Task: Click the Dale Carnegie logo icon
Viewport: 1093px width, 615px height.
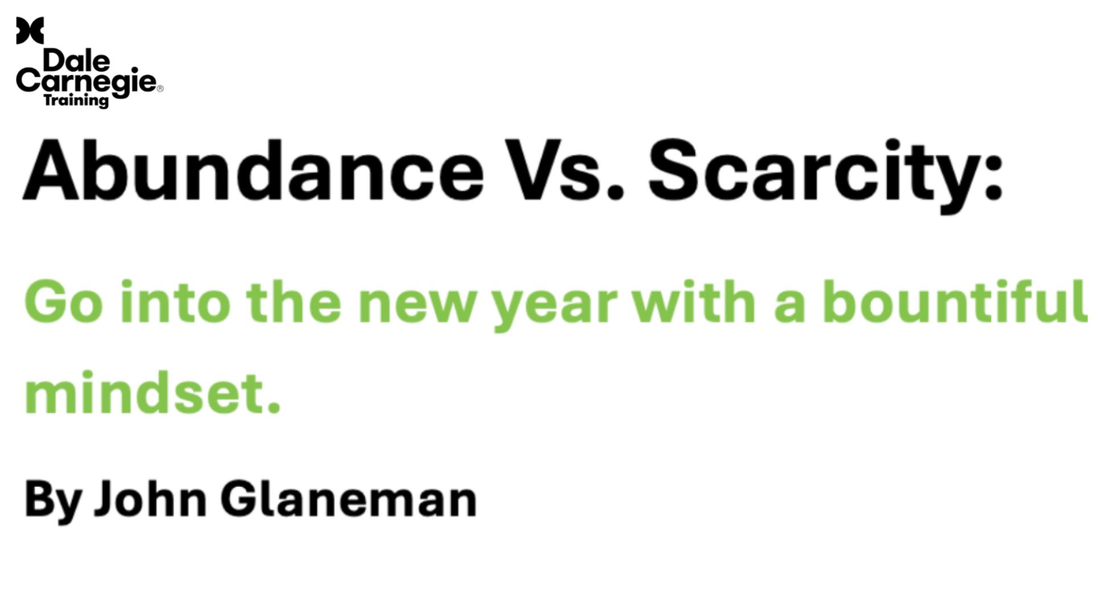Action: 30,30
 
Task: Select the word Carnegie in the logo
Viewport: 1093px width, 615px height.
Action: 86,83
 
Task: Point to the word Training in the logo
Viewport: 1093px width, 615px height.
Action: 76,101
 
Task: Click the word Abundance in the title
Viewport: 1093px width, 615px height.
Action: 252,171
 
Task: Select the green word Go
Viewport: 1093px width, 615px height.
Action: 64,302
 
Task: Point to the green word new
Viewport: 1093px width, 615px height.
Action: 417,307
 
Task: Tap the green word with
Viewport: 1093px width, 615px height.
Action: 695,302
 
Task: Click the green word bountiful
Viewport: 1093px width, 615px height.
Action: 955,302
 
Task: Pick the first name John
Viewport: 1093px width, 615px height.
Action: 150,499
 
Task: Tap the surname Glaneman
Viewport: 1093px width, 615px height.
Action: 348,499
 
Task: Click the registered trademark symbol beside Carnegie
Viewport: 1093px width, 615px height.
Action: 160,88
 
